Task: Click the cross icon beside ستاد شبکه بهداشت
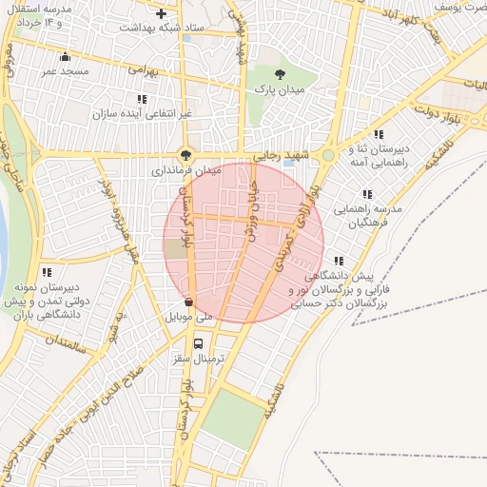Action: (162, 14)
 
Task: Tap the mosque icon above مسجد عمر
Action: (65, 56)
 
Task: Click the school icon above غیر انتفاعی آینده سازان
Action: (142, 99)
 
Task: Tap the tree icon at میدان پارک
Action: (279, 74)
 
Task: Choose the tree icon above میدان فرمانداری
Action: (185, 156)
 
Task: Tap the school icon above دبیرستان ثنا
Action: (380, 134)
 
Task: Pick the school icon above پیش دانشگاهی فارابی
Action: (339, 261)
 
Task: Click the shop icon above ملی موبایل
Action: (188, 302)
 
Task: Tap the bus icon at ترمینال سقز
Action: (198, 343)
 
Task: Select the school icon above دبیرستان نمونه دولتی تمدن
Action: (47, 273)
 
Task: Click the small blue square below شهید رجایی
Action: (288, 164)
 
